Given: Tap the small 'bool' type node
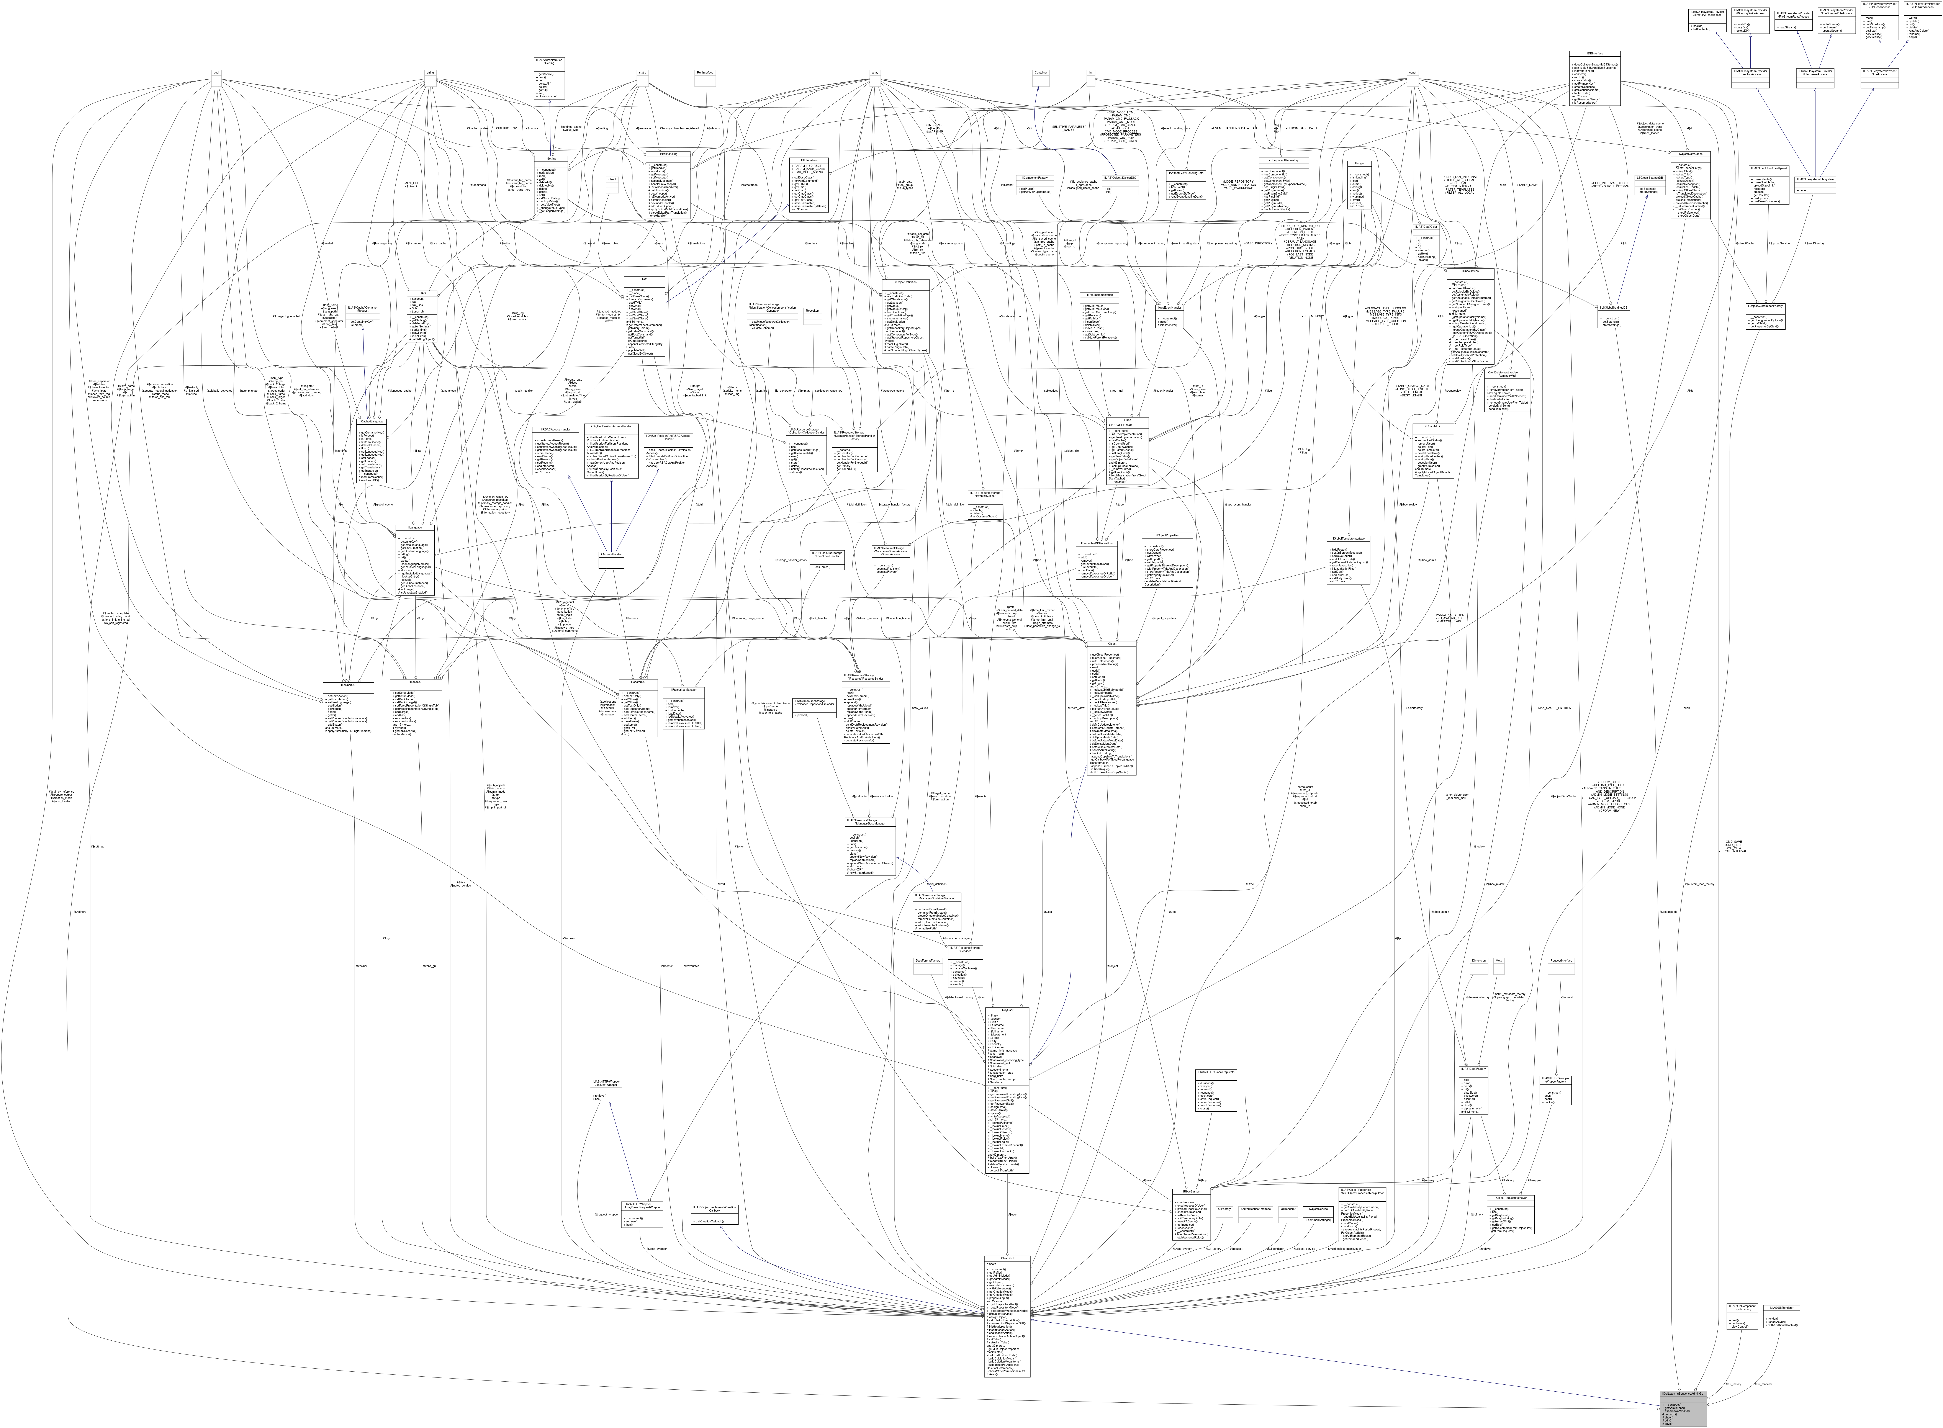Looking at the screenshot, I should pyautogui.click(x=216, y=72).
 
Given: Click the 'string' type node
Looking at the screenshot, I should pyautogui.click(x=430, y=72).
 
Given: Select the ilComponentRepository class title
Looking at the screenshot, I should pyautogui.click(x=1283, y=159).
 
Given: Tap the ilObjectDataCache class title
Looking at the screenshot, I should pyautogui.click(x=1691, y=154).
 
